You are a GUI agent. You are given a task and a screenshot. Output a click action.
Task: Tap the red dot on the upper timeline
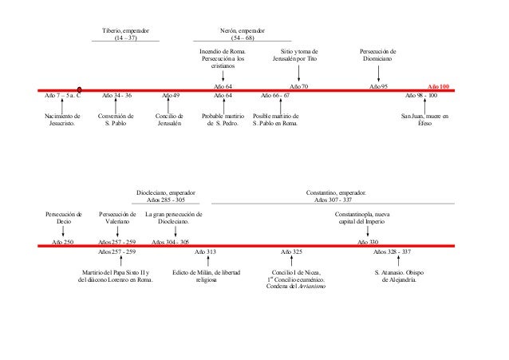(80, 89)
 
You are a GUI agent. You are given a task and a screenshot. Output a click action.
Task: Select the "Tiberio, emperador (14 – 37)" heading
(125, 33)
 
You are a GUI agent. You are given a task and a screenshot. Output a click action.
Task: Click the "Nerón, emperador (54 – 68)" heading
(243, 33)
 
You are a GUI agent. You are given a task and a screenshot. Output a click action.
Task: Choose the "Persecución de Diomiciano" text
(378, 55)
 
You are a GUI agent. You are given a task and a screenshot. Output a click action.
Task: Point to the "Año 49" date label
(170, 95)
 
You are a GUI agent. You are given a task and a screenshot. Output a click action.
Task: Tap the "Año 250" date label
(62, 240)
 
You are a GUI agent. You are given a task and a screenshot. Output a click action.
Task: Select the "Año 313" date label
(205, 251)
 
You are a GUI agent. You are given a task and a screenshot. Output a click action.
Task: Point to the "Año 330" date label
(368, 240)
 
